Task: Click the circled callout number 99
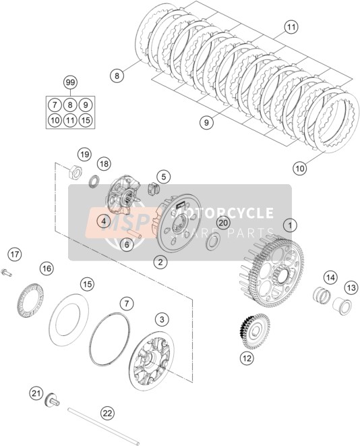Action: (70, 83)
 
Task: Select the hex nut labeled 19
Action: (76, 172)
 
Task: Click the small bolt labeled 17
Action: (7, 273)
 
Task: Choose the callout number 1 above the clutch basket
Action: (290, 226)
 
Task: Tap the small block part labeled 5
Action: (154, 188)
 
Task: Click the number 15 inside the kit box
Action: (86, 120)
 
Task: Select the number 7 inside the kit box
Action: (55, 105)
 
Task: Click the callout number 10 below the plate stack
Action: (300, 168)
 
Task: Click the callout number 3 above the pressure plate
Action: (162, 319)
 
